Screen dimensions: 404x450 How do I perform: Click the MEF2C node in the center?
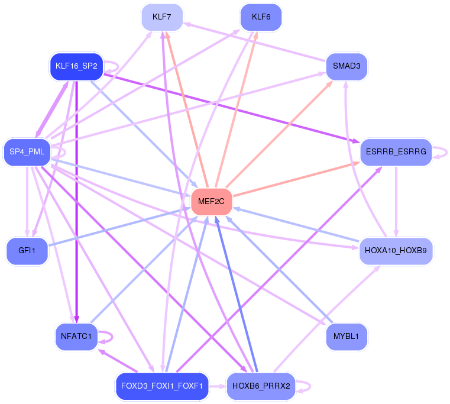click(x=211, y=202)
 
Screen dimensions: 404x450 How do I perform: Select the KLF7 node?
click(x=162, y=17)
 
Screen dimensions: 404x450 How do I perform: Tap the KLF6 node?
click(x=261, y=17)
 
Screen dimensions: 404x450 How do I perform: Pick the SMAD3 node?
click(x=347, y=66)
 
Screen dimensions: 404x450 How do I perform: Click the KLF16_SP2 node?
click(x=76, y=66)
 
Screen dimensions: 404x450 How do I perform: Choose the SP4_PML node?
click(x=27, y=152)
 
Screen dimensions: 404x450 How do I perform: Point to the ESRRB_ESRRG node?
click(x=396, y=152)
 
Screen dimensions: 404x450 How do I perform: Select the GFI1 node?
click(x=27, y=251)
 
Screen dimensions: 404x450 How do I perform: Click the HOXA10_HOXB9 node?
click(x=396, y=251)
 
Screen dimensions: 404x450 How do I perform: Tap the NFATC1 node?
click(x=76, y=337)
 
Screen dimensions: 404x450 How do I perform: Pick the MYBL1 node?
click(x=347, y=337)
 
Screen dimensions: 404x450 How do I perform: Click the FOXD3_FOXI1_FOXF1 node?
click(x=162, y=386)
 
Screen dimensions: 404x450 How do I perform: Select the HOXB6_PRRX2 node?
click(x=261, y=386)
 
